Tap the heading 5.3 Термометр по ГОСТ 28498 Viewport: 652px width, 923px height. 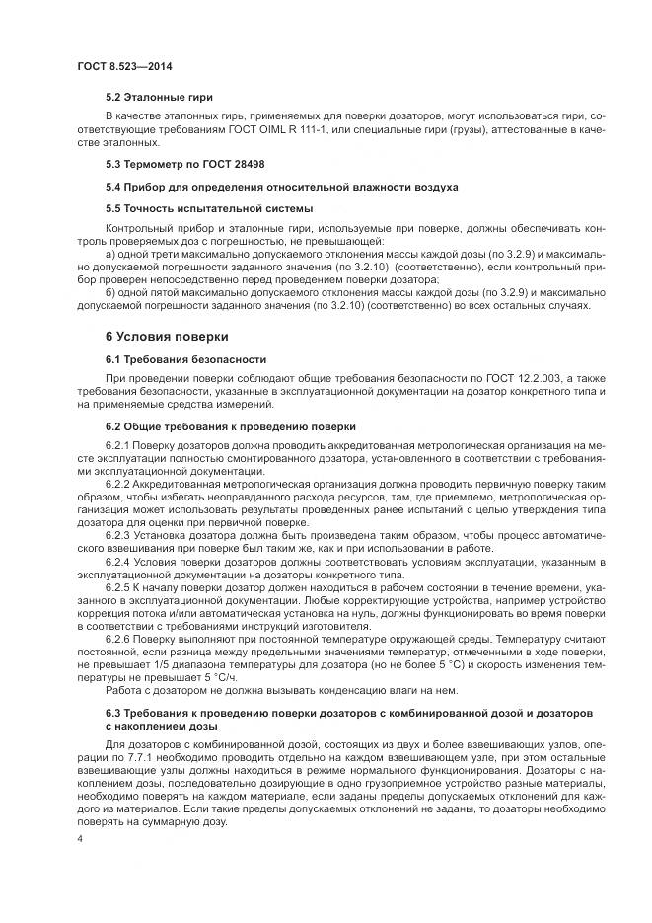click(184, 163)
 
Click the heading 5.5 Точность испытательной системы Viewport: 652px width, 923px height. click(210, 208)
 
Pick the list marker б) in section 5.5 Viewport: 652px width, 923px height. click(109, 293)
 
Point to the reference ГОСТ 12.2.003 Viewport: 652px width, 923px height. click(507, 379)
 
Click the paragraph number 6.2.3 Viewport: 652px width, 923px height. click(117, 534)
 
